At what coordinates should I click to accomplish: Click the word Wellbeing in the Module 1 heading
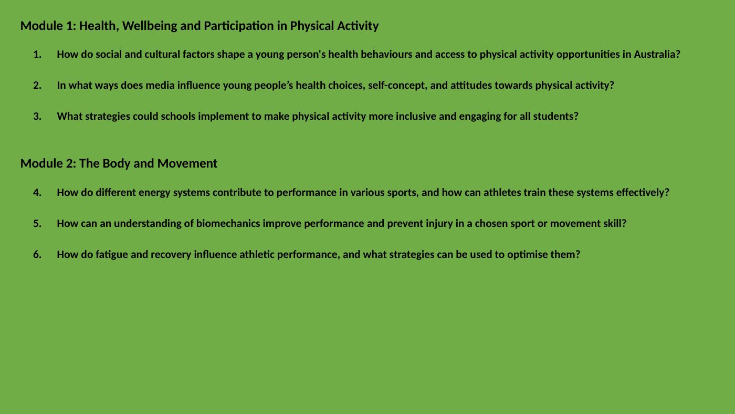click(x=150, y=26)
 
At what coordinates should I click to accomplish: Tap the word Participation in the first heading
click(x=238, y=26)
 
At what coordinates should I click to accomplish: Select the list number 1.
click(x=37, y=55)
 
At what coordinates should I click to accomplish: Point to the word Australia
click(x=657, y=54)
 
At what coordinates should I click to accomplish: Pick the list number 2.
click(x=37, y=85)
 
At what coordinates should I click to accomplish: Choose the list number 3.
click(x=37, y=117)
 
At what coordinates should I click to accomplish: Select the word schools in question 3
click(x=178, y=116)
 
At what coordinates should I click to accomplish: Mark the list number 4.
click(x=37, y=193)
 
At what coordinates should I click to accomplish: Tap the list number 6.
click(x=37, y=255)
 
